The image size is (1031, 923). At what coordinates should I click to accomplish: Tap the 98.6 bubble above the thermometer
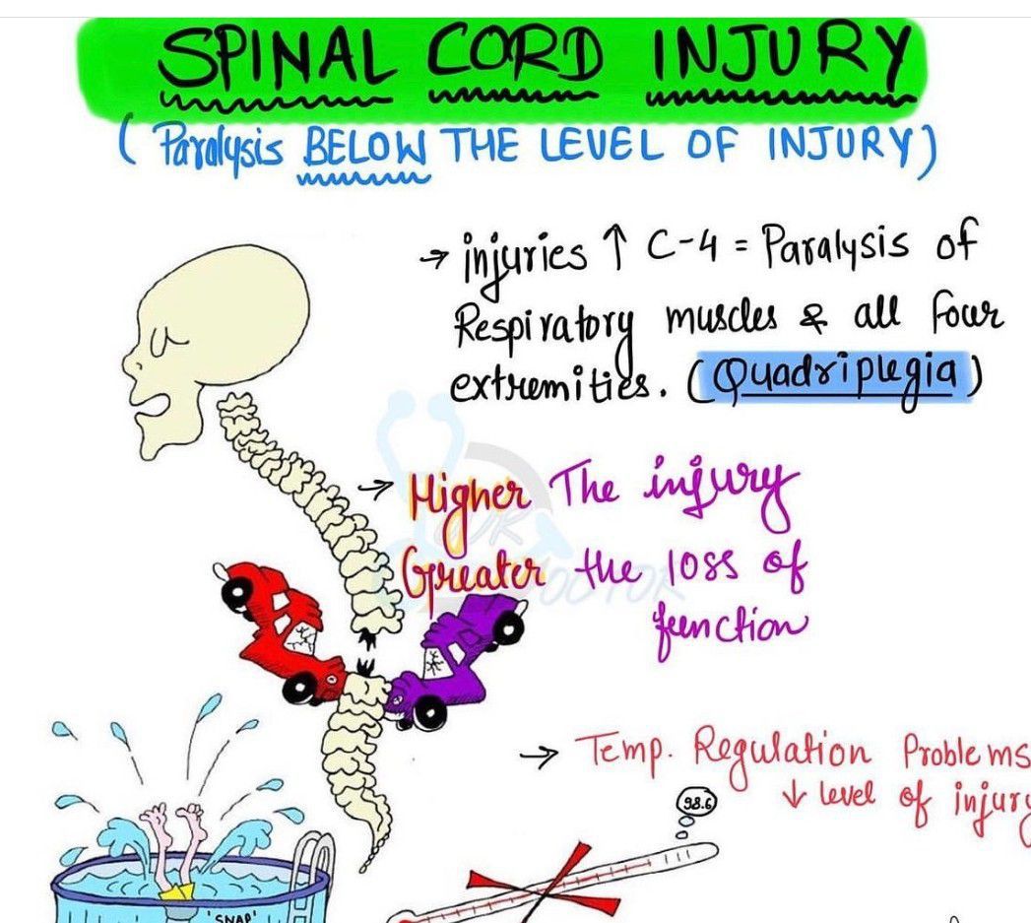point(696,802)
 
